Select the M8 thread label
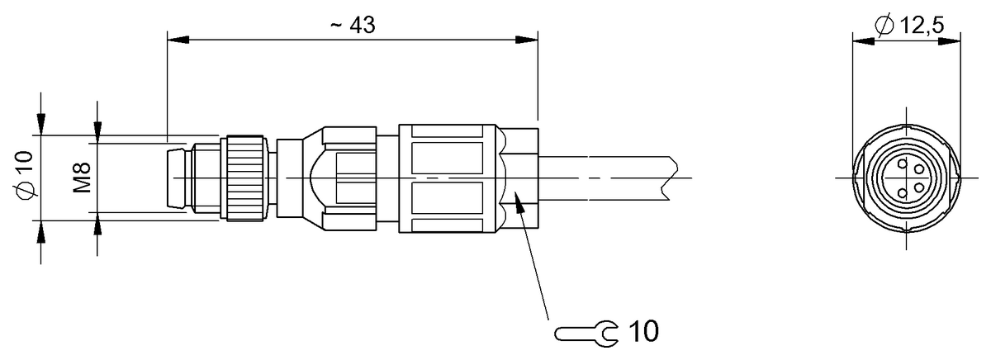click(x=82, y=178)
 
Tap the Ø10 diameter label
click(x=26, y=176)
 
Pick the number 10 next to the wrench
click(x=644, y=332)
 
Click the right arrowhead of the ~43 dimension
click(x=529, y=38)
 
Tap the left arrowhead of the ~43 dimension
click(x=177, y=38)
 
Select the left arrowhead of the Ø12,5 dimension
click(x=860, y=38)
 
